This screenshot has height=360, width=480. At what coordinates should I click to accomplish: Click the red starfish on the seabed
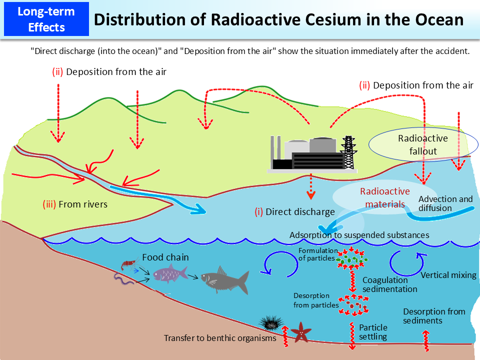click(x=301, y=331)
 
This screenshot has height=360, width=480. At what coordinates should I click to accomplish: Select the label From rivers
click(x=75, y=204)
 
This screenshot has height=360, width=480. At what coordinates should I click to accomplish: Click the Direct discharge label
click(x=294, y=211)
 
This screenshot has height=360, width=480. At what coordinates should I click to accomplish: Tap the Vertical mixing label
click(x=448, y=275)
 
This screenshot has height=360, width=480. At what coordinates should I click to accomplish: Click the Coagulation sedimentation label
click(x=389, y=284)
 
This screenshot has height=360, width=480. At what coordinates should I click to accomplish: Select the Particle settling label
click(x=373, y=332)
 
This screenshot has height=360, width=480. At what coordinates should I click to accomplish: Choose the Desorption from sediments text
click(x=434, y=316)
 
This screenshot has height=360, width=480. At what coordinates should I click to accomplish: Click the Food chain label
click(x=165, y=257)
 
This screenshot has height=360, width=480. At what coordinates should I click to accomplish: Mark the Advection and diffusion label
click(x=445, y=203)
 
